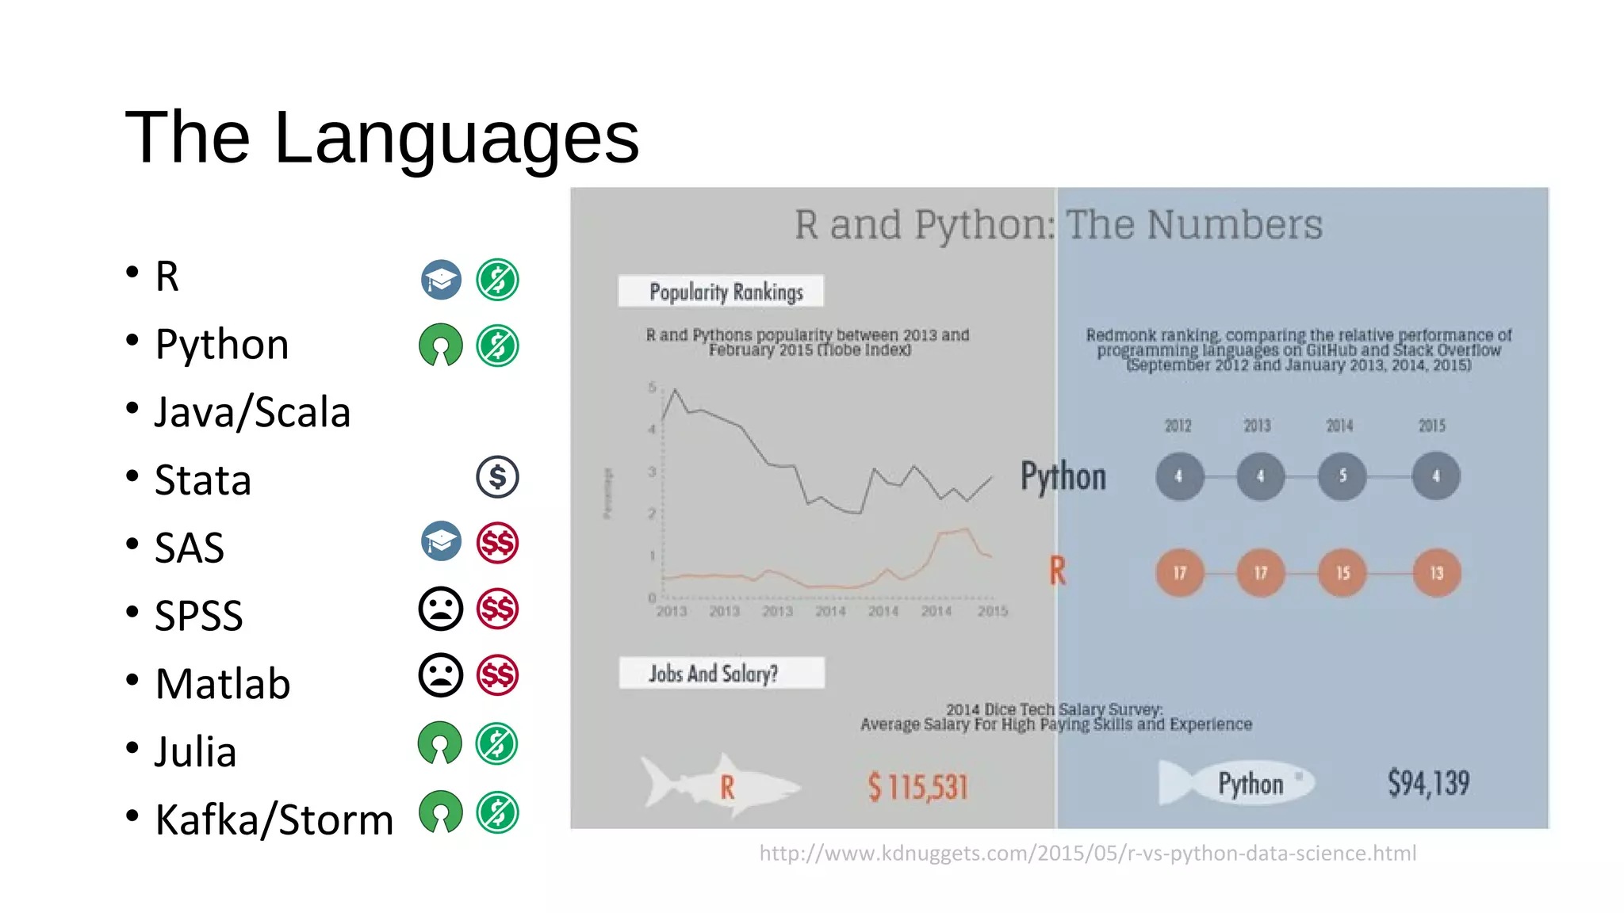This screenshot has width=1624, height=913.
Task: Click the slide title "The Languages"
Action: click(x=382, y=138)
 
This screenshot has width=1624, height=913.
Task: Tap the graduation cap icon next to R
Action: click(x=441, y=280)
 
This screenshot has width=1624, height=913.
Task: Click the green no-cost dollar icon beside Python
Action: click(x=497, y=346)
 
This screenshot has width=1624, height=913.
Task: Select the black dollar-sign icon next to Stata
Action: click(x=497, y=477)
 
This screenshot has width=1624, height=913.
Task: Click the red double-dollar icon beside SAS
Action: click(x=497, y=543)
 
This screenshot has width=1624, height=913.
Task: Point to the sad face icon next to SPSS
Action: click(x=441, y=609)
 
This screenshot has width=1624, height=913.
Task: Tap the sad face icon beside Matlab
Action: click(x=441, y=675)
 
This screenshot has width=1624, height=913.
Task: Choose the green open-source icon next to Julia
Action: click(x=440, y=743)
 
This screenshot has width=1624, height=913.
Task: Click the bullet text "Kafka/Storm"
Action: click(x=274, y=819)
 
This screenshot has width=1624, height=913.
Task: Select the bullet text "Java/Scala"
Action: click(x=252, y=412)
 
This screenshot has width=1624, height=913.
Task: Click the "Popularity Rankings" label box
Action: click(x=721, y=291)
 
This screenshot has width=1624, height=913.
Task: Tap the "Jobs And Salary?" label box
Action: click(x=721, y=673)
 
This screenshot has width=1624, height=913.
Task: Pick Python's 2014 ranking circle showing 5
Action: click(x=1342, y=476)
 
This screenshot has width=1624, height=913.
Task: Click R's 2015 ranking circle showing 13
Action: click(x=1436, y=572)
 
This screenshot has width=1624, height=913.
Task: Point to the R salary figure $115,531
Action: click(x=917, y=787)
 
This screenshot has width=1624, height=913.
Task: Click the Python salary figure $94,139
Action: click(x=1428, y=783)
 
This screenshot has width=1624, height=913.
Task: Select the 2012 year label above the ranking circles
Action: click(x=1178, y=426)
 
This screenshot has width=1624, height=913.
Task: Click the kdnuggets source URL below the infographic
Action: click(x=1087, y=853)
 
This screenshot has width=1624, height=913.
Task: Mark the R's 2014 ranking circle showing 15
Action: click(x=1342, y=572)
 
